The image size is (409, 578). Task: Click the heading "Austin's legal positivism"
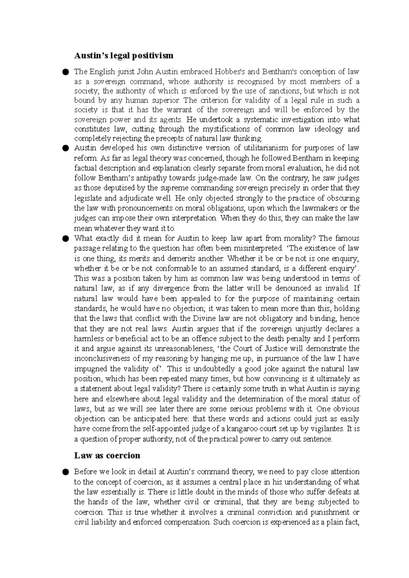124,55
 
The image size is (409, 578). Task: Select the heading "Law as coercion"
107,455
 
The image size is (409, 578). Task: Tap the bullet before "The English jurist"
65,72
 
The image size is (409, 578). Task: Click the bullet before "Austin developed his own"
65,148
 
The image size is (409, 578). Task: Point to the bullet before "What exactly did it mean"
65,238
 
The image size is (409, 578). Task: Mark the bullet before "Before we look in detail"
65,472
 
